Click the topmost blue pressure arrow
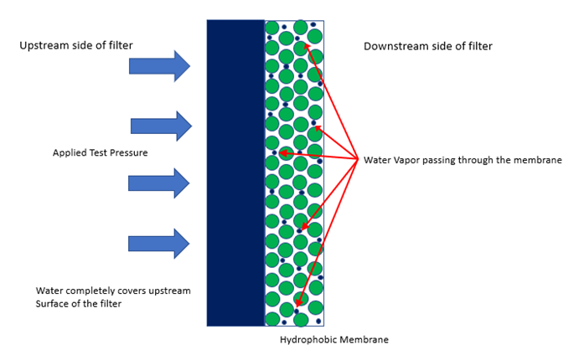(160, 66)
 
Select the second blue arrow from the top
(161, 126)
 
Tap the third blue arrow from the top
(159, 183)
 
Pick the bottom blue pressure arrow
(159, 244)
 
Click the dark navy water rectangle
(235, 172)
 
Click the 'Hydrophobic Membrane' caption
(334, 340)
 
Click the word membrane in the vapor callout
(527, 159)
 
